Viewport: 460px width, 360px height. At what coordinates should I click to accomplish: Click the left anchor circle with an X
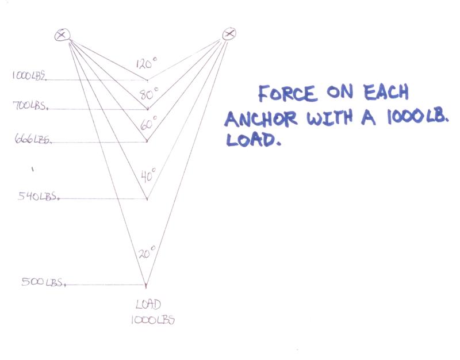[62, 35]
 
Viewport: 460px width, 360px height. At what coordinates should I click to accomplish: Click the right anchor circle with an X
[229, 34]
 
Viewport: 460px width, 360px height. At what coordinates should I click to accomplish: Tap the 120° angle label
[147, 63]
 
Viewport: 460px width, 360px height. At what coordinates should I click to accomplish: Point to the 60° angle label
[149, 123]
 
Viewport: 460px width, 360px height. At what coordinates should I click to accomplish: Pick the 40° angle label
[148, 175]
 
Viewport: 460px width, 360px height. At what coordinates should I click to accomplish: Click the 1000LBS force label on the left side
[29, 76]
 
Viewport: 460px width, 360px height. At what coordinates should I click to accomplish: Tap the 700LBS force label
[30, 105]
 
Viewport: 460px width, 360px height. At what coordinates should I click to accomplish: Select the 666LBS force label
[33, 139]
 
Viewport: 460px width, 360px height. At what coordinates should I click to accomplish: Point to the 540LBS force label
[39, 196]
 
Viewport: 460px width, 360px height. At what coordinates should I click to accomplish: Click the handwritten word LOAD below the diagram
[148, 304]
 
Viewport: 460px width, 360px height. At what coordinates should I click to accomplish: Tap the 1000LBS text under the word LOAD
[153, 320]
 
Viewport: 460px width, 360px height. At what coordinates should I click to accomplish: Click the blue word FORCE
[288, 93]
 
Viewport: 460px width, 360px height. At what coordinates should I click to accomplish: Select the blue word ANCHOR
[261, 119]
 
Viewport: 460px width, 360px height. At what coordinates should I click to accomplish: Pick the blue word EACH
[386, 92]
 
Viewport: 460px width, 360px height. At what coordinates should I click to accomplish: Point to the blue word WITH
[329, 118]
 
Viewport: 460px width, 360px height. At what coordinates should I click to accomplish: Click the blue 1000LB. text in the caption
[418, 117]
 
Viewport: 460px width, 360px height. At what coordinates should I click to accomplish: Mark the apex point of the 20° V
[146, 285]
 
